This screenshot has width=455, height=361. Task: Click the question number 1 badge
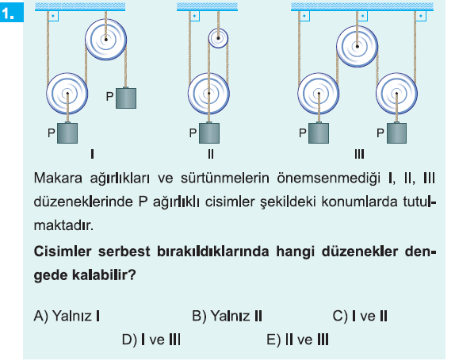point(12,13)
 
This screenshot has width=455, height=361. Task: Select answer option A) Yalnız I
point(67,316)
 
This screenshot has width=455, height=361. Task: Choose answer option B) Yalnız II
point(227,316)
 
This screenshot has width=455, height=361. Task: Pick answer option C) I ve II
point(360,316)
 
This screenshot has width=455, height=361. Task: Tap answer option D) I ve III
point(151,340)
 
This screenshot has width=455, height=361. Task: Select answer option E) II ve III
point(298,340)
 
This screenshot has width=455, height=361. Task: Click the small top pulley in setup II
point(218,38)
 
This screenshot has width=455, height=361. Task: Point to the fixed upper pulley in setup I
point(106,40)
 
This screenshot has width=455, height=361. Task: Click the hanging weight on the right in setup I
point(126,98)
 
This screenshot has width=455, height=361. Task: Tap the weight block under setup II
point(209,133)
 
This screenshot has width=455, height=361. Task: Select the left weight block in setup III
point(319,133)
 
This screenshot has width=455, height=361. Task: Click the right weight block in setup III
point(396,133)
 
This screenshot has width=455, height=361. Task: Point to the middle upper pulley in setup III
point(357,47)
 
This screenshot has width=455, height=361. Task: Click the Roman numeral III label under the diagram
point(359,154)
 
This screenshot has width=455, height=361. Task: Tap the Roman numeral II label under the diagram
point(211,154)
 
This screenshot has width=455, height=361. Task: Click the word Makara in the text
point(58,178)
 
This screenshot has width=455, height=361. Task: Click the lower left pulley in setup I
point(67,94)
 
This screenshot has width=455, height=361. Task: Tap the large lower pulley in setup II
point(209,94)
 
